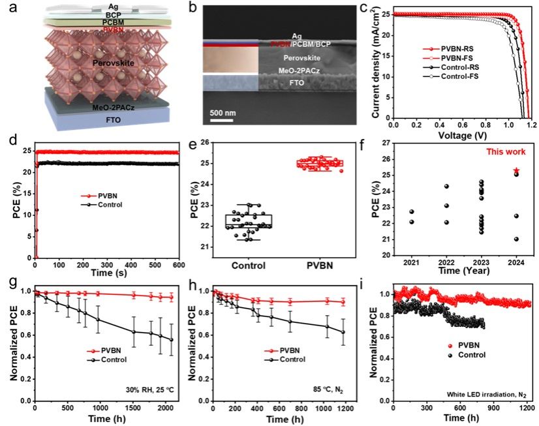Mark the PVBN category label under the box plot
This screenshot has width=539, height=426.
coord(322,266)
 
